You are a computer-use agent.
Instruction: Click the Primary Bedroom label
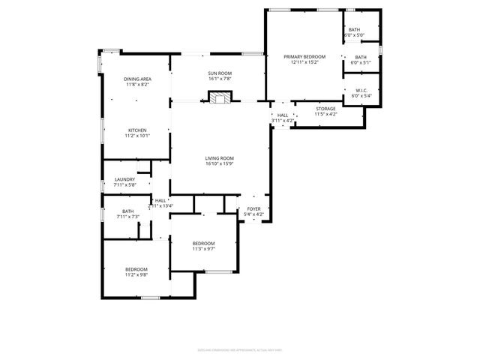click(304, 57)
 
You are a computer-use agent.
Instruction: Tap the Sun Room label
click(220, 73)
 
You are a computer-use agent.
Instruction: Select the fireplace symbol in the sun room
click(220, 97)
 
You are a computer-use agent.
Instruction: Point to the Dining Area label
click(137, 79)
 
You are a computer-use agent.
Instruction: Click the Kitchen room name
click(137, 130)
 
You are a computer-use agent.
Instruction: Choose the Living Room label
click(220, 158)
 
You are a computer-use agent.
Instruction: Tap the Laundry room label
click(124, 179)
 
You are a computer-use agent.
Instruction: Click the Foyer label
click(253, 209)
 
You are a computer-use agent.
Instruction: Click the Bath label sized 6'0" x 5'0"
click(354, 29)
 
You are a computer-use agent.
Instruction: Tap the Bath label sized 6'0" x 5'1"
click(361, 58)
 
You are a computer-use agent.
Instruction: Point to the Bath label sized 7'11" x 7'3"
click(127, 211)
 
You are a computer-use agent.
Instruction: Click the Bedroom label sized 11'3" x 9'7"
click(203, 243)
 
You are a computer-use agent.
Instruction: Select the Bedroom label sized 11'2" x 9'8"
click(136, 269)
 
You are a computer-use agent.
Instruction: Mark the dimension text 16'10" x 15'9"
click(220, 164)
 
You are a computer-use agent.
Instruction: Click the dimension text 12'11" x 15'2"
click(304, 62)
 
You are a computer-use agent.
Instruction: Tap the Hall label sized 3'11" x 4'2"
click(283, 115)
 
